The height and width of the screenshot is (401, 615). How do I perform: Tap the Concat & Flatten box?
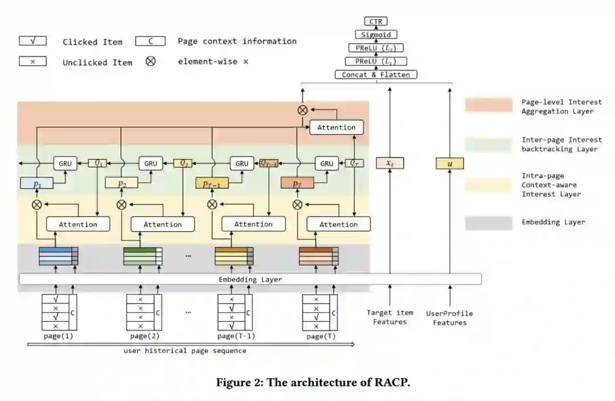tap(375, 75)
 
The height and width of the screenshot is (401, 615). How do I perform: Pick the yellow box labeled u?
tap(450, 163)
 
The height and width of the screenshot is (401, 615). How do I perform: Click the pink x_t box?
tap(389, 163)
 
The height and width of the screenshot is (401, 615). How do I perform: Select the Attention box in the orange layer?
tap(337, 127)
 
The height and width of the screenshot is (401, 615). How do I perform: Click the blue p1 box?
tap(36, 183)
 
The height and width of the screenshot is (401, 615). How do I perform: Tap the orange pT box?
tap(297, 183)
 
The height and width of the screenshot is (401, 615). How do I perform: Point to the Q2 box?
tap(184, 163)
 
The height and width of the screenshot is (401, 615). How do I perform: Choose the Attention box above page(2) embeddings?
tap(163, 224)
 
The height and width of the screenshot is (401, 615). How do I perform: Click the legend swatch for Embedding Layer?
tap(488, 223)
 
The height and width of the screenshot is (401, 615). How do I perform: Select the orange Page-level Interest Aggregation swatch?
tap(488, 105)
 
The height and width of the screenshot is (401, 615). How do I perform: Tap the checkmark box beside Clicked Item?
tap(32, 41)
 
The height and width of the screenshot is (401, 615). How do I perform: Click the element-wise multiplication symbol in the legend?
tap(150, 61)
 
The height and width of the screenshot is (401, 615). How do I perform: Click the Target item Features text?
tap(390, 317)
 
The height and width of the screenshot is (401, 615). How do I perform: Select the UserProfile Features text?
tap(450, 318)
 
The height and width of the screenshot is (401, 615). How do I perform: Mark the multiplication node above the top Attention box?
tap(302, 110)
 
